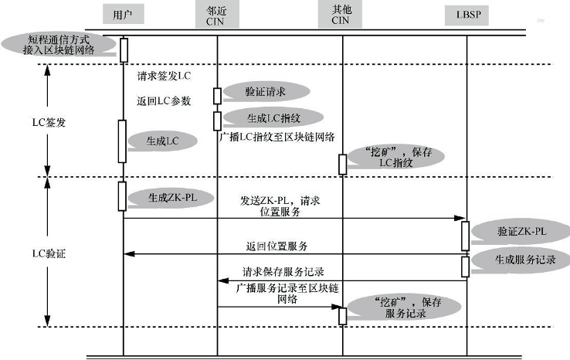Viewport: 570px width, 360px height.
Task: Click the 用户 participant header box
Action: tap(124, 14)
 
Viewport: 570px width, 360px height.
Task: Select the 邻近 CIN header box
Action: tap(217, 15)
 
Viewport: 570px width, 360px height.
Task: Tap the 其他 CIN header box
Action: tap(340, 15)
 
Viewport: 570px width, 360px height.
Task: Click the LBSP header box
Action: tap(467, 15)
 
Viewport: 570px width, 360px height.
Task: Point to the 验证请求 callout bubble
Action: tap(266, 92)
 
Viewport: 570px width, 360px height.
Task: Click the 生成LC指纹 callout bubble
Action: tap(273, 118)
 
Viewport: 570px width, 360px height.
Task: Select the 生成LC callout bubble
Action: tap(162, 141)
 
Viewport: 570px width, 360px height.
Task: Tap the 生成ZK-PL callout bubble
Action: tap(171, 198)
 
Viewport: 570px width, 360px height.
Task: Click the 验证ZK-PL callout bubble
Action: tap(521, 231)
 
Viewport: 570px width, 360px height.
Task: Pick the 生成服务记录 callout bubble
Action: tap(521, 260)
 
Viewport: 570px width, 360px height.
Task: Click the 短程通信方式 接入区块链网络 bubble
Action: tap(59, 44)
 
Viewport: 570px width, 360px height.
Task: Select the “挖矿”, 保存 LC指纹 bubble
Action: tap(396, 157)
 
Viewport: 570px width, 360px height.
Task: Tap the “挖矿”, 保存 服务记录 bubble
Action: tap(404, 307)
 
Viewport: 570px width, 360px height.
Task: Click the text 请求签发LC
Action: tap(164, 76)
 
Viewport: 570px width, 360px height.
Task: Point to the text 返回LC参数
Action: tap(164, 100)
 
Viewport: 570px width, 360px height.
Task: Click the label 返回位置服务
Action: tap(277, 246)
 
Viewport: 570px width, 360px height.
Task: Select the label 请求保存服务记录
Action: tap(283, 272)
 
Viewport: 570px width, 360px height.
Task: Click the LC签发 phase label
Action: tap(49, 123)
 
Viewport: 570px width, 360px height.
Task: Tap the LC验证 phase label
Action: tap(49, 253)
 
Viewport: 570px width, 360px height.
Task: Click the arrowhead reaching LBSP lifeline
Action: tap(460, 218)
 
